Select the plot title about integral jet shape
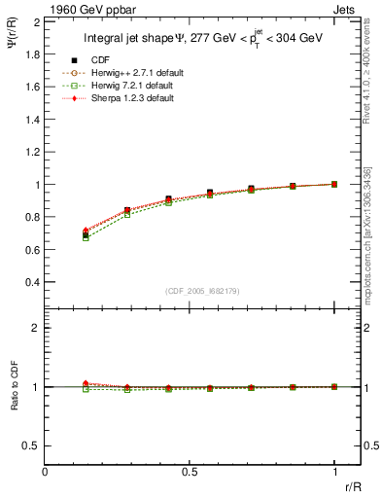click(203, 39)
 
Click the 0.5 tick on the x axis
click(190, 473)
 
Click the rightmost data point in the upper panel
click(334, 184)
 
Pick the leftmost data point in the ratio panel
click(87, 385)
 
